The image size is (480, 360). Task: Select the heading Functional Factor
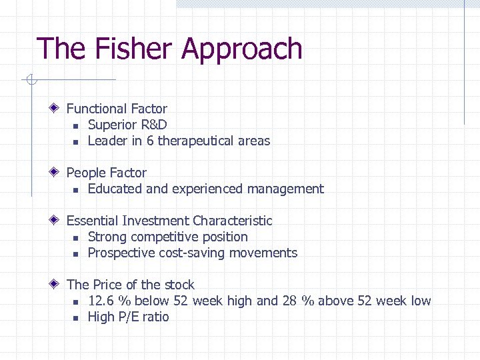coord(117,109)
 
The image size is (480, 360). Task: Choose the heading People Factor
coord(106,173)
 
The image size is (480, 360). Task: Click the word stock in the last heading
coord(178,285)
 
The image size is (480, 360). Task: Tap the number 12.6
coord(101,301)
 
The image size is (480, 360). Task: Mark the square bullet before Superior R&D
coord(76,125)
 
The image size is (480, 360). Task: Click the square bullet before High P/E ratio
coord(76,317)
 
